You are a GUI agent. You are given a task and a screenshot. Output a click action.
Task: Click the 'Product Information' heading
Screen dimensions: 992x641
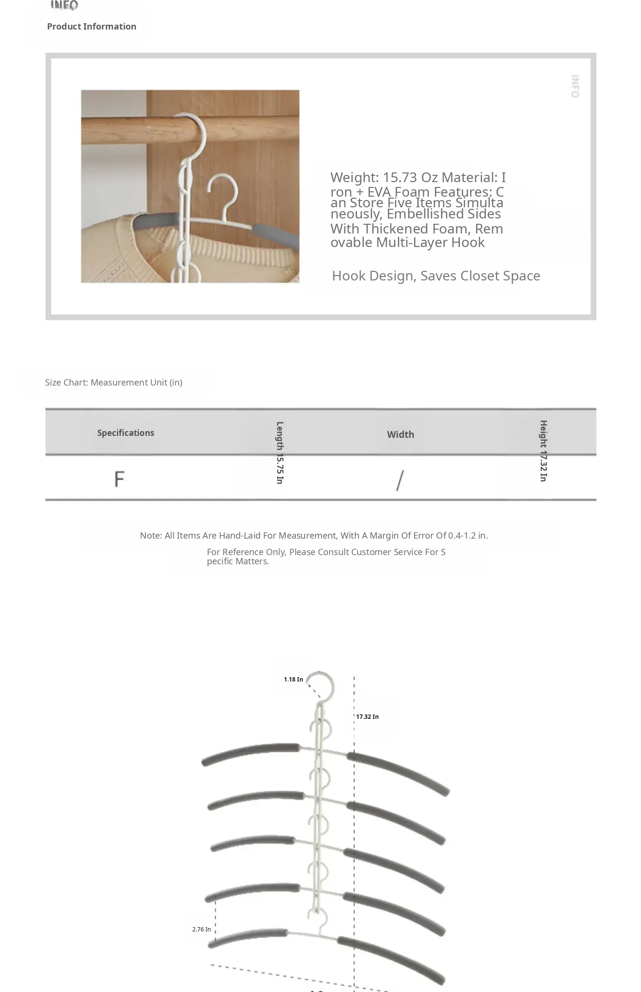coord(92,27)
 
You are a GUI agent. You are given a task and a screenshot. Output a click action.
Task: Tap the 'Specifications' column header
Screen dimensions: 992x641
coord(125,433)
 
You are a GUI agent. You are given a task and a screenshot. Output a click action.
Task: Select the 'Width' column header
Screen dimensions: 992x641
coord(400,434)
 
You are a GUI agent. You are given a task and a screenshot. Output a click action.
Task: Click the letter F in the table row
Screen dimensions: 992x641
coord(119,479)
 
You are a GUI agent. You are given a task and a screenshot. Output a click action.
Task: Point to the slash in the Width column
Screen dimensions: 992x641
coord(400,480)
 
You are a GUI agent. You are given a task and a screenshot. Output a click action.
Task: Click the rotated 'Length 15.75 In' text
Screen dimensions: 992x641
coord(280,452)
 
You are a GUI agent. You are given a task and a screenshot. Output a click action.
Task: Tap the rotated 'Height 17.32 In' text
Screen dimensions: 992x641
coord(543,451)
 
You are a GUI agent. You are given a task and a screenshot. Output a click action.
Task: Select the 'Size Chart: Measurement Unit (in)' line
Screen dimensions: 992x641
coord(114,382)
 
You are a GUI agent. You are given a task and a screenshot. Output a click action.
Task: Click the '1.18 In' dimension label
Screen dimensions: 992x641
coord(293,680)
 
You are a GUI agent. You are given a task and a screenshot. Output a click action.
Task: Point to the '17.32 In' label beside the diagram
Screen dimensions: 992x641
coord(367,717)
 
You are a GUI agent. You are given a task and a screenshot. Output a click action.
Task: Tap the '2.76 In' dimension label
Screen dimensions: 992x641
coord(201,930)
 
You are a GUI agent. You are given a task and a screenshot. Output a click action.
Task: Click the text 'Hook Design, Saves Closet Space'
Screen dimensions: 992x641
coord(436,276)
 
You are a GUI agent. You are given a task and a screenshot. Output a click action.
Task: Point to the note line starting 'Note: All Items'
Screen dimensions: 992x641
coord(314,536)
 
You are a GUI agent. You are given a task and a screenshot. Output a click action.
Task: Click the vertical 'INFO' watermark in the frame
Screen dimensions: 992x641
coord(575,86)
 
